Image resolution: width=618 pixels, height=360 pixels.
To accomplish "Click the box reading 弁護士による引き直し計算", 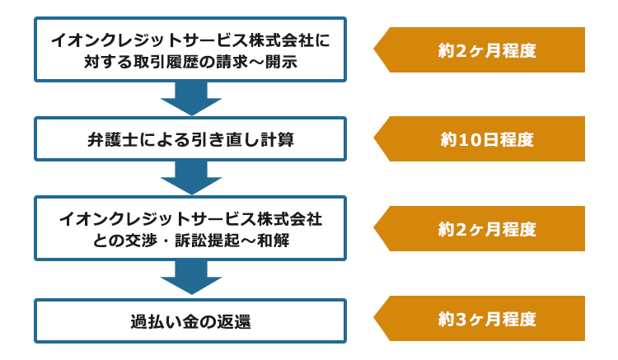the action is [190, 138].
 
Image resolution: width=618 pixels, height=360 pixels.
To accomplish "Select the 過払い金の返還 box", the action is [190, 321].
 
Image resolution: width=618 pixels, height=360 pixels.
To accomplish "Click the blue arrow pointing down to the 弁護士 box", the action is [191, 99].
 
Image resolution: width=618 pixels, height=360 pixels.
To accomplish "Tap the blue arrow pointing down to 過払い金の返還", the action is [191, 278].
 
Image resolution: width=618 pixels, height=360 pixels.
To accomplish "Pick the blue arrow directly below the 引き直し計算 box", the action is [191, 178].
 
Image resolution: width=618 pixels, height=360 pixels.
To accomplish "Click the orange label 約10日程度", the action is [480, 138].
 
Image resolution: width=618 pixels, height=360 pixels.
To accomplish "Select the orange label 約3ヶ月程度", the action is [480, 318].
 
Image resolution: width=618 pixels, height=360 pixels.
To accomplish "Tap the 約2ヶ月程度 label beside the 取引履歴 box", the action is [480, 49].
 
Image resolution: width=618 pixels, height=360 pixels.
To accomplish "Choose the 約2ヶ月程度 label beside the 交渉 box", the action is [480, 228].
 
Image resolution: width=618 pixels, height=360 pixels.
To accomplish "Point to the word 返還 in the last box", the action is [235, 322].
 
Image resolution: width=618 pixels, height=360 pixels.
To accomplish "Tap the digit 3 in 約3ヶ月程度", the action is [461, 320].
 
